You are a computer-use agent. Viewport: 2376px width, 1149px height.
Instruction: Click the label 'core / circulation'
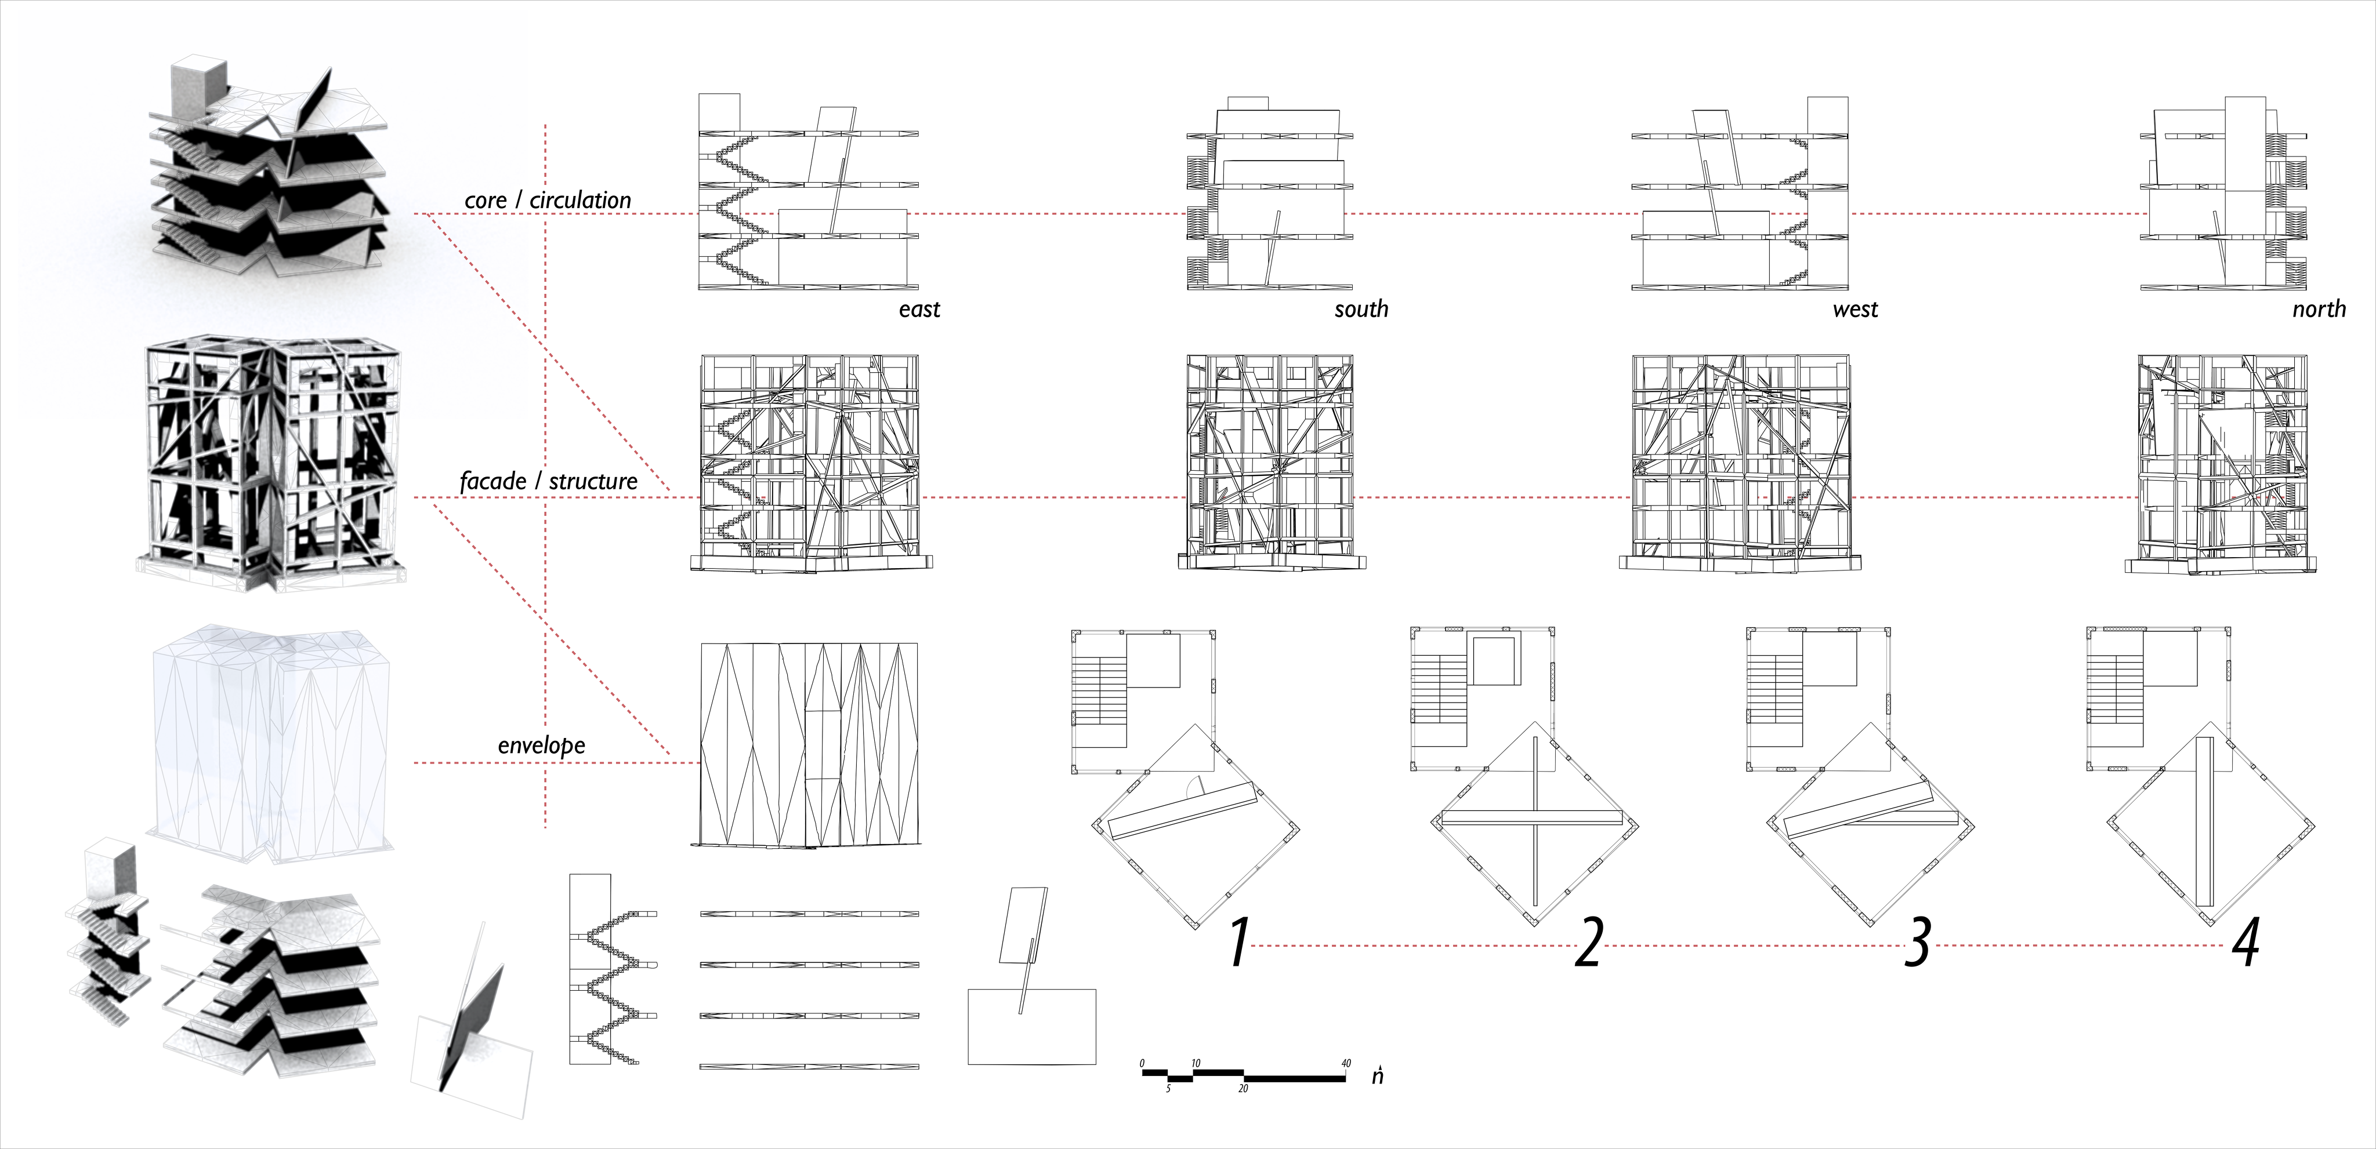pos(548,200)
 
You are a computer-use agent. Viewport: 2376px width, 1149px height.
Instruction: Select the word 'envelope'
pos(541,745)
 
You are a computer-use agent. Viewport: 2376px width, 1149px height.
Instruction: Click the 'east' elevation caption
pos(919,310)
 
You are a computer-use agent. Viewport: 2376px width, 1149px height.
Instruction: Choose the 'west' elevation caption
pos(1855,310)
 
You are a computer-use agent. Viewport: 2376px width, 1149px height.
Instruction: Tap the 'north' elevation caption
pos(2319,310)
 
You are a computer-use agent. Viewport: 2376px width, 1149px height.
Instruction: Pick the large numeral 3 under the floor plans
pos(1918,943)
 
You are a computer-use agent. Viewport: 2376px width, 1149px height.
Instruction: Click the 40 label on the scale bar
pos(1346,1063)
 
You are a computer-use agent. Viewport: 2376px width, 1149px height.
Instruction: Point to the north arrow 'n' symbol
pos(1377,1076)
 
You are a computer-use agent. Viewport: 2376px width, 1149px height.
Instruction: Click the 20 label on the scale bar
pos(1243,1089)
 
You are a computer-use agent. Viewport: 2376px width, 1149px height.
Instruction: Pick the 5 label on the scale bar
pos(1168,1089)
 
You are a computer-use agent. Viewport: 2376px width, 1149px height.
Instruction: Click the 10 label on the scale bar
pos(1196,1063)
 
